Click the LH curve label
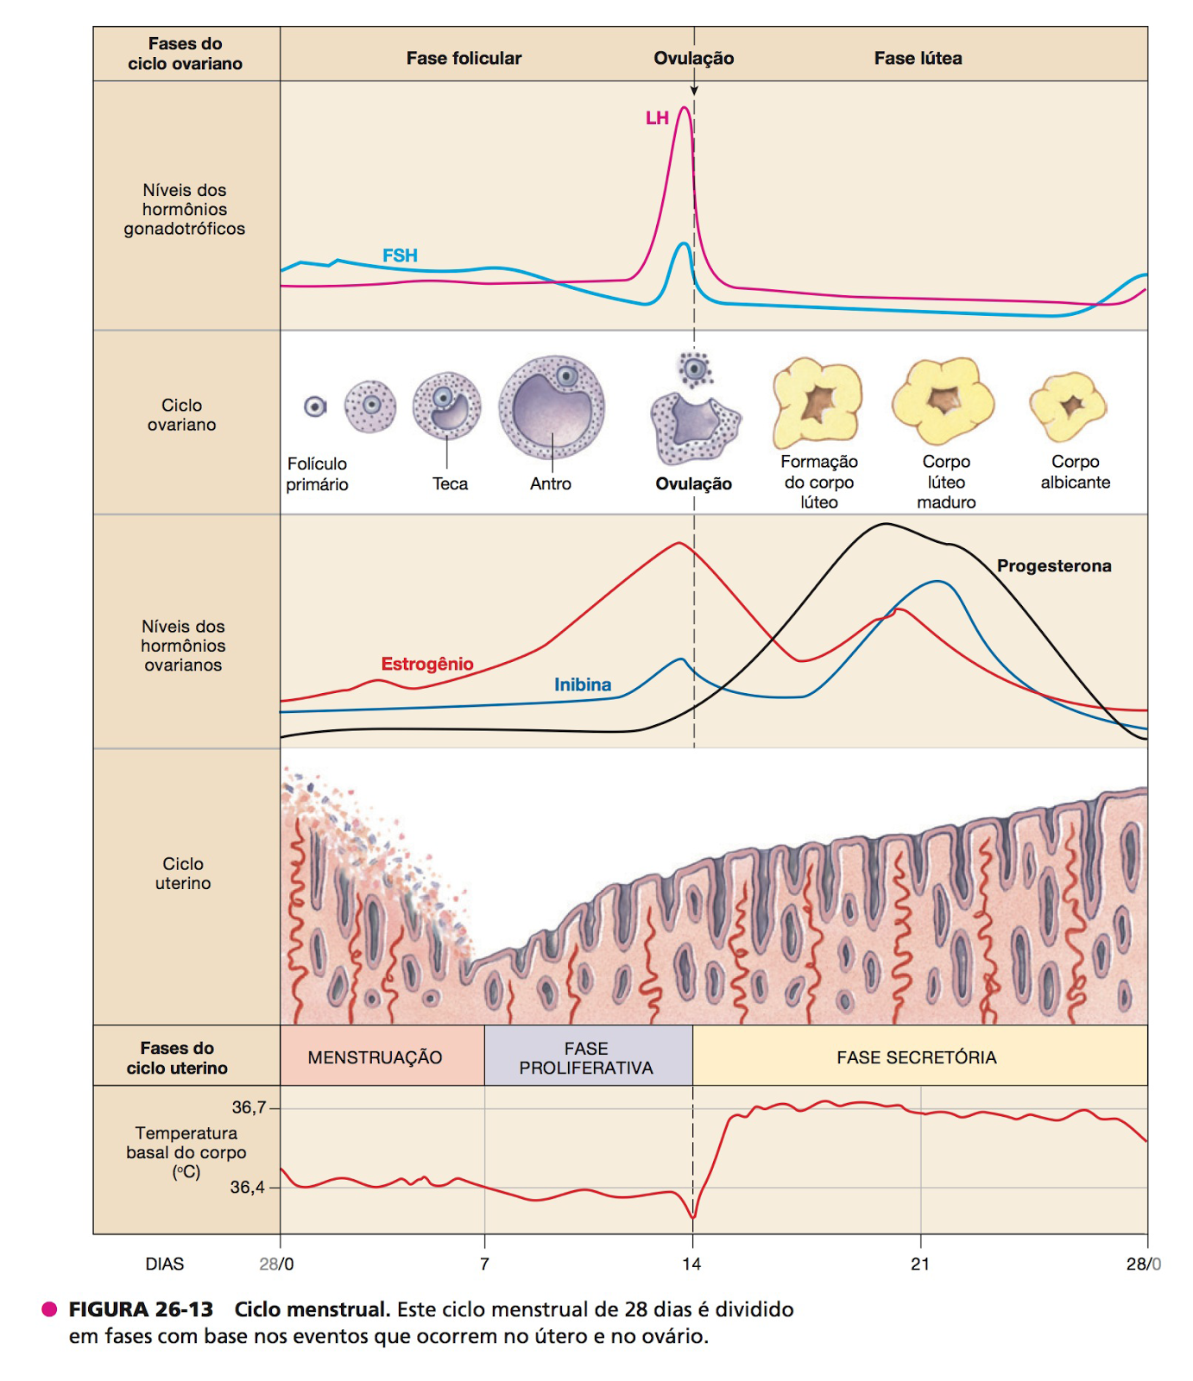657,118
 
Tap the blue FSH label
400,255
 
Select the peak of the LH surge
685,109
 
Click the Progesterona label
1053,566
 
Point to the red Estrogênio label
427,664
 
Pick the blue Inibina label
583,684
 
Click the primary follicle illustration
316,407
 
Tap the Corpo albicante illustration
1068,407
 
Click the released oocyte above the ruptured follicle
694,369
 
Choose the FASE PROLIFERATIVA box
587,1056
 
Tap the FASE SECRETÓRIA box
918,1056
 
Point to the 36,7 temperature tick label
249,1107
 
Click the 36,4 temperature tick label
247,1187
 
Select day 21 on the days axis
920,1264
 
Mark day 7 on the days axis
485,1264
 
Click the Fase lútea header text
918,59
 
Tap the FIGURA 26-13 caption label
141,1309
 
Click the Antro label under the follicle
551,484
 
